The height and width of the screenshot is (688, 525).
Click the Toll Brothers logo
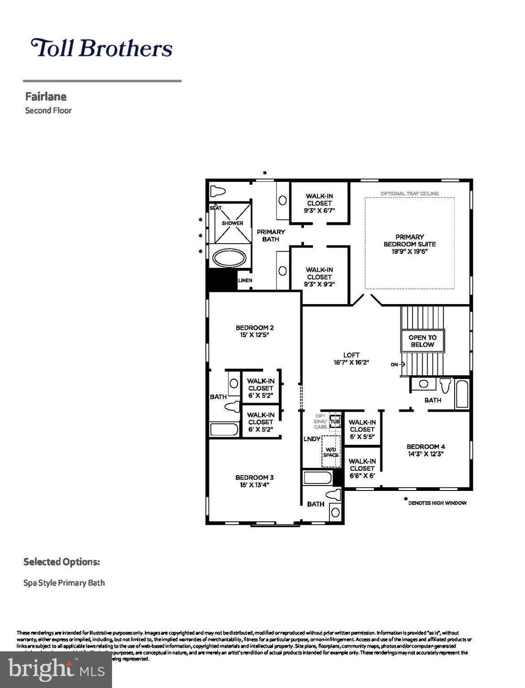101,48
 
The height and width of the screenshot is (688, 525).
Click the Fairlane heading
46,97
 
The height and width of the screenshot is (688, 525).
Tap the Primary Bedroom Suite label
409,244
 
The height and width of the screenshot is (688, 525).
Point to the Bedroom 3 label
255,481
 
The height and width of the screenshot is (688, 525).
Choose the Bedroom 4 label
425,450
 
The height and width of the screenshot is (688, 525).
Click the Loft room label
351,359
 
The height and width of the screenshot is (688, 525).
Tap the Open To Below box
422,341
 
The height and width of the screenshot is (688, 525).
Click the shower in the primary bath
232,223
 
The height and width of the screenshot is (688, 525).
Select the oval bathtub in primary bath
229,258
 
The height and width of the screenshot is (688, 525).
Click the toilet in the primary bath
218,191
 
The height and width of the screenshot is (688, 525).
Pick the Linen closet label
245,280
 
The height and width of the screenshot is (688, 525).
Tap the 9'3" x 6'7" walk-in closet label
319,203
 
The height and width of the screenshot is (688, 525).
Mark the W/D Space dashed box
331,452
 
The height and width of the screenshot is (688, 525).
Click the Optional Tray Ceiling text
409,193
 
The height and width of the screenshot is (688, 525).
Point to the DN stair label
395,365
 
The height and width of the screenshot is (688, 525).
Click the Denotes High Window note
437,503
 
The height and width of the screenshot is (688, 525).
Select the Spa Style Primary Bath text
64,583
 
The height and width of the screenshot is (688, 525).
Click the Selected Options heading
61,562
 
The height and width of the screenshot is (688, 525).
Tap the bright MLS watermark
56,669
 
